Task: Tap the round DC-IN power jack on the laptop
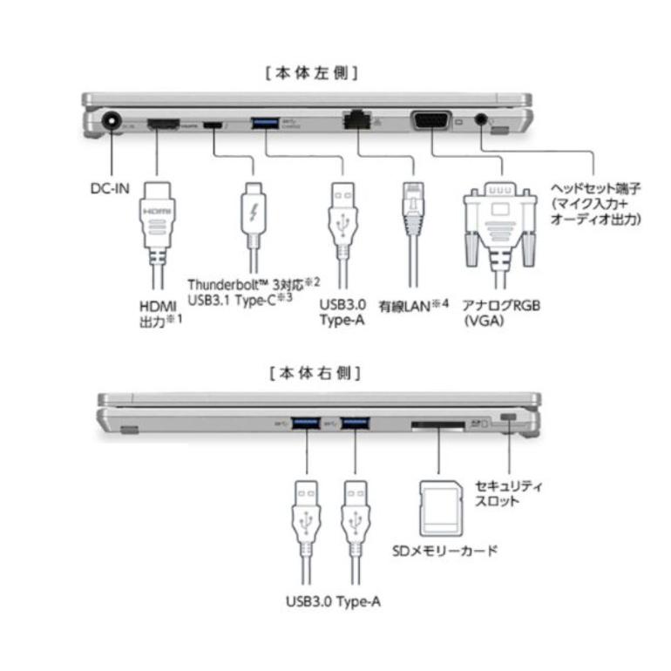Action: [x=112, y=123]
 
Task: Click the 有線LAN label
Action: [x=414, y=307]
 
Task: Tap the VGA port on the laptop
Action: [x=431, y=122]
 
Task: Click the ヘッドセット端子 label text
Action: [x=596, y=203]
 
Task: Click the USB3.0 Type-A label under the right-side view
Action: [x=332, y=601]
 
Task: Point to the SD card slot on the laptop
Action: [x=438, y=424]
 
